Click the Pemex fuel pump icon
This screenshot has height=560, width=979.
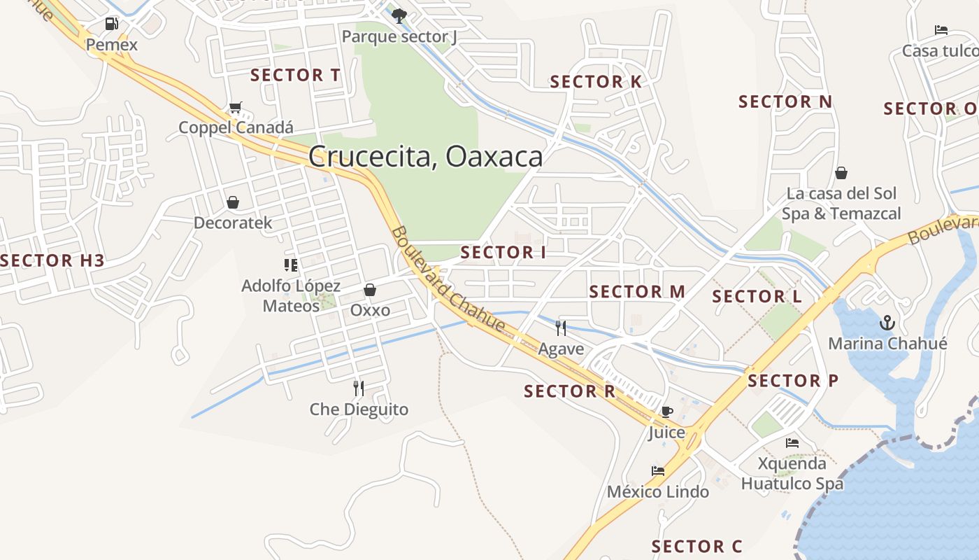(111, 24)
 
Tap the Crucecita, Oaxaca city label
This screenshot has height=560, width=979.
(425, 156)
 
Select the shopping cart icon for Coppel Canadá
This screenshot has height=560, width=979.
(236, 108)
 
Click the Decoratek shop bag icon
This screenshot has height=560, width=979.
(233, 202)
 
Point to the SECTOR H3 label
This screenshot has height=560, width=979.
(52, 261)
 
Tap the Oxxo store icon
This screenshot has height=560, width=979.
(370, 290)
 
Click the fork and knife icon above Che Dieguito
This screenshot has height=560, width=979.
(359, 388)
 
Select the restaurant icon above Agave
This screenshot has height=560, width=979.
(561, 328)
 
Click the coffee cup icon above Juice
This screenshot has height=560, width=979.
(666, 412)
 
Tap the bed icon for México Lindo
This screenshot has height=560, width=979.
(658, 471)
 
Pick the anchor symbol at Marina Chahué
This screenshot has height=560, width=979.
(887, 323)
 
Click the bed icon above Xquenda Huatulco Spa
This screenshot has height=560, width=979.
(792, 443)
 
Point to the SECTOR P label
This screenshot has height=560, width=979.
(793, 381)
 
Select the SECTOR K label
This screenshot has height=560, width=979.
(596, 82)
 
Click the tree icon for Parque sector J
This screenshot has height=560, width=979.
(399, 15)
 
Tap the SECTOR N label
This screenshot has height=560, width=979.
(785, 102)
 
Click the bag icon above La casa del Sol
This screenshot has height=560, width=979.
(841, 173)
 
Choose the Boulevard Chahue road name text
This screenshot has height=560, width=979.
(448, 279)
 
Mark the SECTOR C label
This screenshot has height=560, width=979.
(696, 546)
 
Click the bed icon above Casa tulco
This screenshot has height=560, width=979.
(941, 30)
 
